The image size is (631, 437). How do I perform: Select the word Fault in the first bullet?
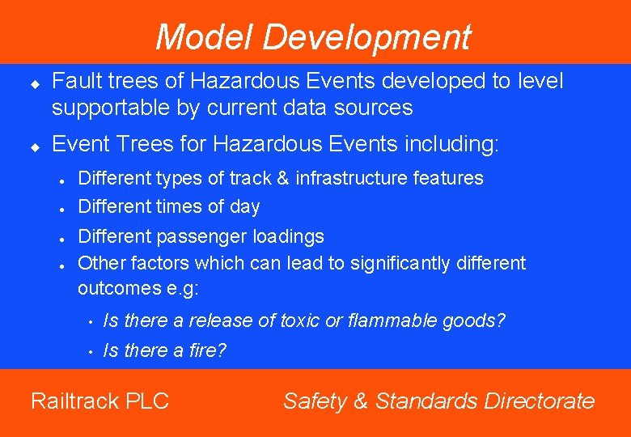(74, 81)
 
